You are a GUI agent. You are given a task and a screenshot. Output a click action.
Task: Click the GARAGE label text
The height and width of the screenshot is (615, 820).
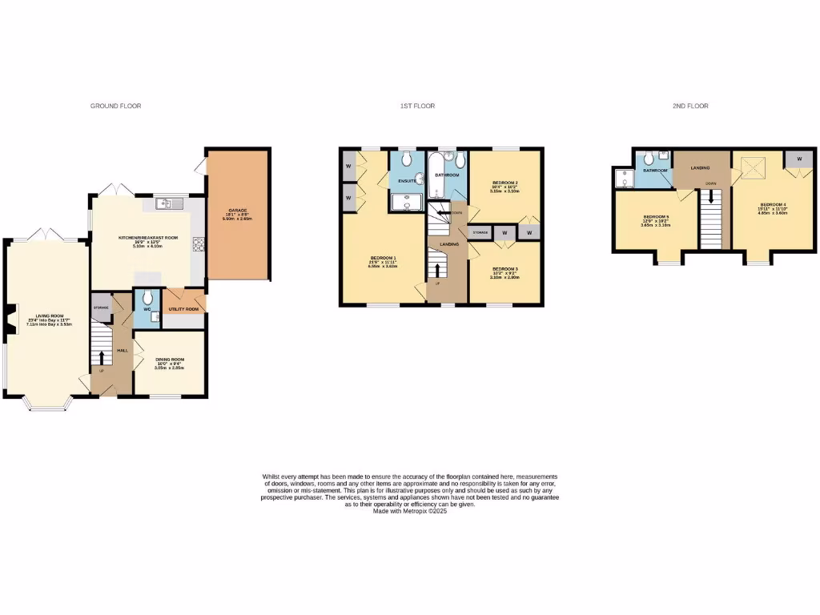238,210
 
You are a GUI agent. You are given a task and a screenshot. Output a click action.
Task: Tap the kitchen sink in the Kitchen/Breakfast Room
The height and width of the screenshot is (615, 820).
171,203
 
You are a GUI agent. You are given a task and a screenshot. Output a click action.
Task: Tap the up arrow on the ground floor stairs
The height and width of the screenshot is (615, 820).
102,356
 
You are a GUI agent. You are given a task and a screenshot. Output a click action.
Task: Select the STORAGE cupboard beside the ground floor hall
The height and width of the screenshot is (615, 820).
102,307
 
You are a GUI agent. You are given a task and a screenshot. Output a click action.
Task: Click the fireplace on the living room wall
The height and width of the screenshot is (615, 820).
10,321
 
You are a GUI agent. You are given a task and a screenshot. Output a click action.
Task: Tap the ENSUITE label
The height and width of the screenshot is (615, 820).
406,182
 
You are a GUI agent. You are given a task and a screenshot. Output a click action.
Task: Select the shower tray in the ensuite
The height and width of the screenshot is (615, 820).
407,203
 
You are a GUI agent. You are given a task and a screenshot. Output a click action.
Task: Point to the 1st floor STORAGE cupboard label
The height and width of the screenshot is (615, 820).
480,232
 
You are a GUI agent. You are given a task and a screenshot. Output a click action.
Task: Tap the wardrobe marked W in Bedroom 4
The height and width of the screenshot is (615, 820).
799,159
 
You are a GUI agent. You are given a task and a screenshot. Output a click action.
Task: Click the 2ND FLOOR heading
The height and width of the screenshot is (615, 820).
690,106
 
